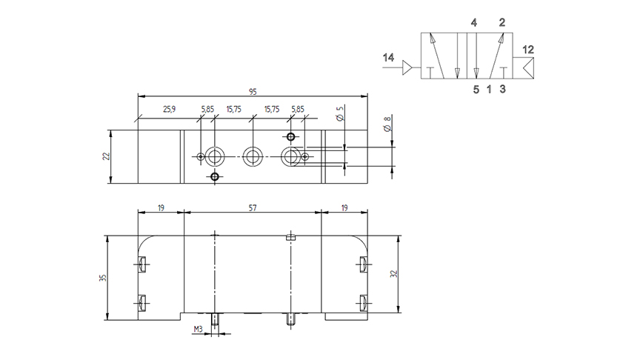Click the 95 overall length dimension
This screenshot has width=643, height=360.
coord(253,92)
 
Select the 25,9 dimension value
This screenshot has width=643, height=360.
coord(170,109)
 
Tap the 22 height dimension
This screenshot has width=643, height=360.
coord(107,156)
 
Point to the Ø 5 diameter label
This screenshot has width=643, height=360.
coord(340,113)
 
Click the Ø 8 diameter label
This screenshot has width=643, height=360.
coord(387,123)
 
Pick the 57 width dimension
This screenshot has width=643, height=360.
coord(253,208)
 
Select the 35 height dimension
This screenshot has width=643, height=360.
coord(103,278)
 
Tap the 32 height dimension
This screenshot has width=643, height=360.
coord(394,273)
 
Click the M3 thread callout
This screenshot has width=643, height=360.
coord(198,329)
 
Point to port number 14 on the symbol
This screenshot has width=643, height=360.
coord(388,57)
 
